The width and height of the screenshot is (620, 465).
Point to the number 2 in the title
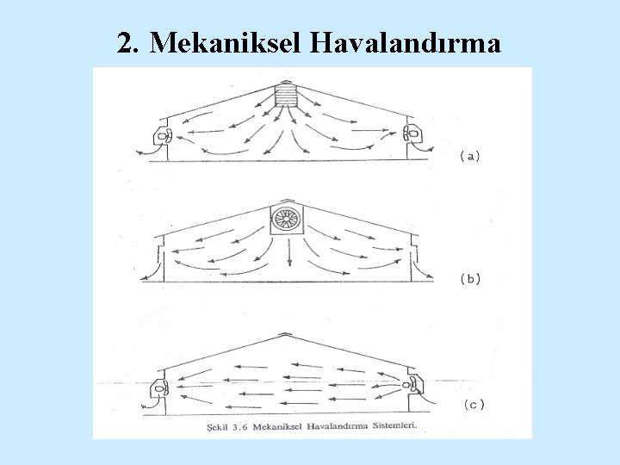click(125, 44)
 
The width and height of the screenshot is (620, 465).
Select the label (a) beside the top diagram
click(470, 156)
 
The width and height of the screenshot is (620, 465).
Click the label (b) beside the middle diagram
click(470, 278)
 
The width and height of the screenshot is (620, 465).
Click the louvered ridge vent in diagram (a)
click(285, 95)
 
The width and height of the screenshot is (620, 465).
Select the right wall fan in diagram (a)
click(411, 134)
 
